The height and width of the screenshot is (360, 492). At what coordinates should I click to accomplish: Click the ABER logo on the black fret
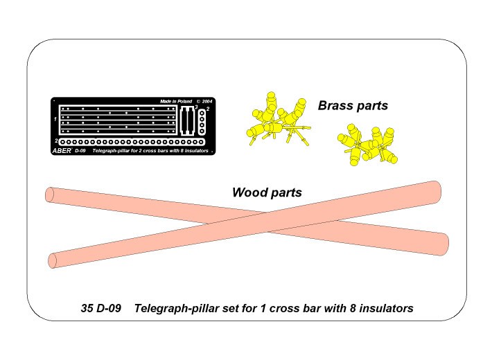coord(62,151)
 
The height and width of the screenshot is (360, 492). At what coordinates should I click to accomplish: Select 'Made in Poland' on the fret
coord(176,101)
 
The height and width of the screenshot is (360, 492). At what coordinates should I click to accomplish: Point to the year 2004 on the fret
coord(207,101)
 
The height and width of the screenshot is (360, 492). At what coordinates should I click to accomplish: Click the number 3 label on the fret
coord(196,107)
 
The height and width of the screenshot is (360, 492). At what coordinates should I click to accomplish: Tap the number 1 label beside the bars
coord(55,119)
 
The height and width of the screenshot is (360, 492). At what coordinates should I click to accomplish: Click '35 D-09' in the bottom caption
coord(100,308)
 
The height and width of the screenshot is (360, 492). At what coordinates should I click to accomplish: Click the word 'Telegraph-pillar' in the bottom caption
coord(177,308)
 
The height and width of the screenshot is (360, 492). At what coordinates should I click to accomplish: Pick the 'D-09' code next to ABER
coord(80,151)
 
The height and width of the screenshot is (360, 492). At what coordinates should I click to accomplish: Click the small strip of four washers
coord(202,122)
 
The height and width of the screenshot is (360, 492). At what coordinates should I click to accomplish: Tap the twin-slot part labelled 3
coord(187,121)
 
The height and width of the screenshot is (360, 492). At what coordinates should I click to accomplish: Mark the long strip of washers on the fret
coord(132,142)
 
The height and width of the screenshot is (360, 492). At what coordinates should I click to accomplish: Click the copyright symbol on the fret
coord(198,101)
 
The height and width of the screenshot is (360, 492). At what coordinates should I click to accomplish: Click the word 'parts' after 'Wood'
coord(286,193)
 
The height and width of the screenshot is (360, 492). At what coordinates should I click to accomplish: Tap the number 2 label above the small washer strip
coord(208,109)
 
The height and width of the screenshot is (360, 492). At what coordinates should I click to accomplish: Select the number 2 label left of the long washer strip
coord(56,141)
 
